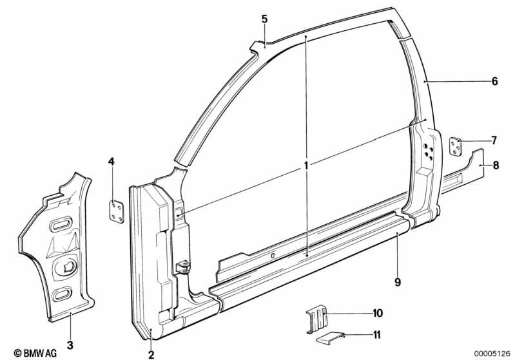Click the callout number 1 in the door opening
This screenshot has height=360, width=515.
click(307, 166)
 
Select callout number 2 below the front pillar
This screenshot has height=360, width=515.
click(151, 354)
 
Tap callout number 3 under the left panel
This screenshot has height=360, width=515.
click(70, 345)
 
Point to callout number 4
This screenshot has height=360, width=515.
click(112, 162)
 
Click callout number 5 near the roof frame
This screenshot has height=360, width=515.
click(264, 19)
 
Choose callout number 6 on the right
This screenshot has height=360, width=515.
click(494, 82)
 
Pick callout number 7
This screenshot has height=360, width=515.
click(494, 140)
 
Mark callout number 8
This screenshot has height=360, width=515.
click(495, 166)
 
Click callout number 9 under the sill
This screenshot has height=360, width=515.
click(398, 281)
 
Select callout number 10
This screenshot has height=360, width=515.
click(377, 314)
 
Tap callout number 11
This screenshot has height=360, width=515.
click(376, 335)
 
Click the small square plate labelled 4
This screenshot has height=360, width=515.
click(115, 213)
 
